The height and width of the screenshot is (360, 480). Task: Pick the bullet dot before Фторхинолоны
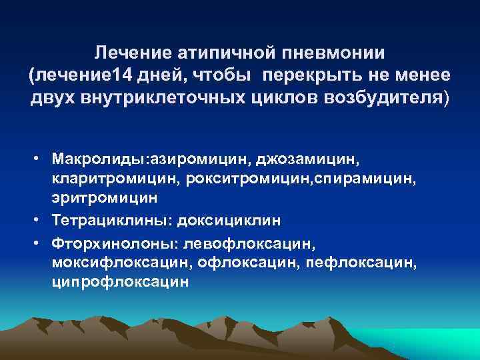(41, 243)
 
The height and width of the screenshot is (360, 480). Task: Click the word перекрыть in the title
(309, 75)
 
